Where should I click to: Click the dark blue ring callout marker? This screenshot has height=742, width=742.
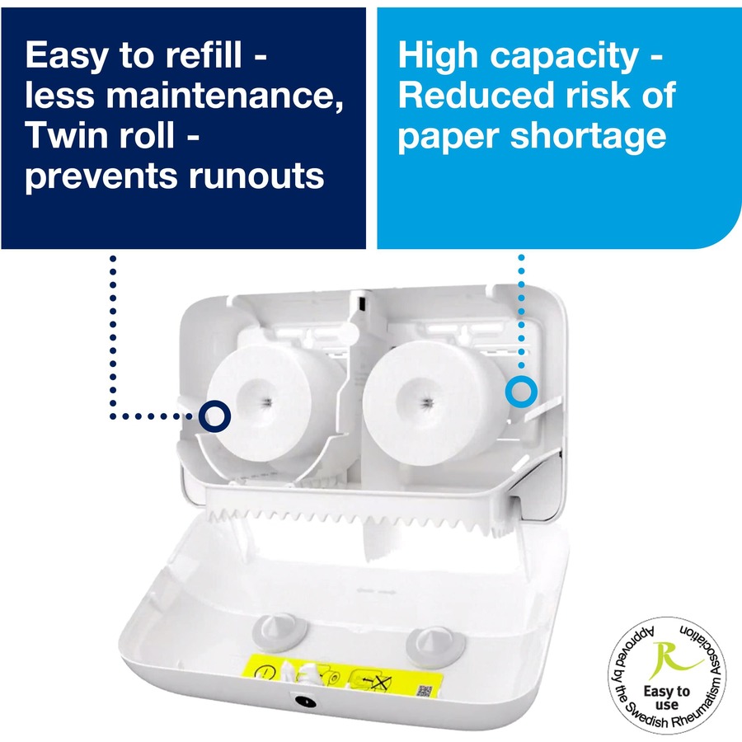point(216,415)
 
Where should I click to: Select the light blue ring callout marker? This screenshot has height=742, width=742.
point(520,392)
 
